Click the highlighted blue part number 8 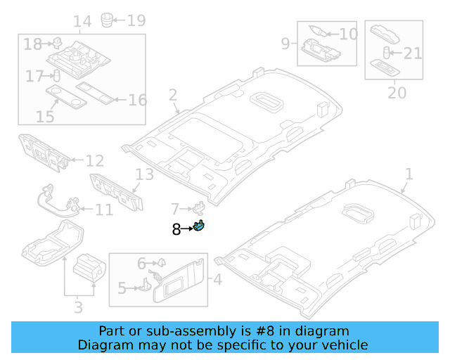click(200, 226)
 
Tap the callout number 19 click(136, 20)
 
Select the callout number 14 click(82, 21)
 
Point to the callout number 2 click(172, 95)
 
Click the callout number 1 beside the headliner click(409, 174)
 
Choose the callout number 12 click(95, 161)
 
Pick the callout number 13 click(144, 174)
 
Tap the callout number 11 click(103, 210)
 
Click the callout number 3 click(78, 307)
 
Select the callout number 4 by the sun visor click(217, 280)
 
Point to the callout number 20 click(397, 92)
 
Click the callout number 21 click(413, 53)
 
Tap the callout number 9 click(285, 44)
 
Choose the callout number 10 click(349, 33)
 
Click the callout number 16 click(137, 100)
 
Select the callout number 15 click(45, 116)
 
